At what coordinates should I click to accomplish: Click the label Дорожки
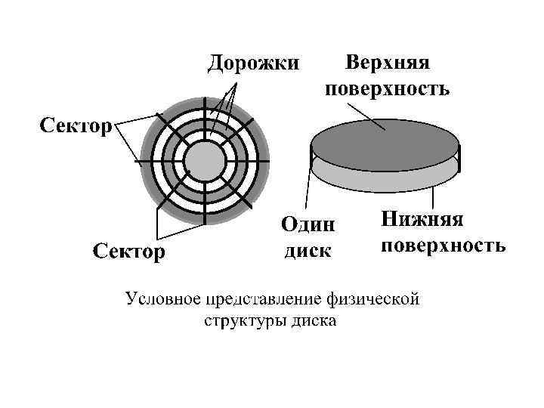pos(254,62)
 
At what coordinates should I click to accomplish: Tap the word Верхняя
pos(387,62)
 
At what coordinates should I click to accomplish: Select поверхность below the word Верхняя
pos(387,89)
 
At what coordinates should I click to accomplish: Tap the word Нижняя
pos(422,219)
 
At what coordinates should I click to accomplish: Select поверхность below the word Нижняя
pos(443,246)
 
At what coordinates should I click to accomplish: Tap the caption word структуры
pos(240,321)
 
